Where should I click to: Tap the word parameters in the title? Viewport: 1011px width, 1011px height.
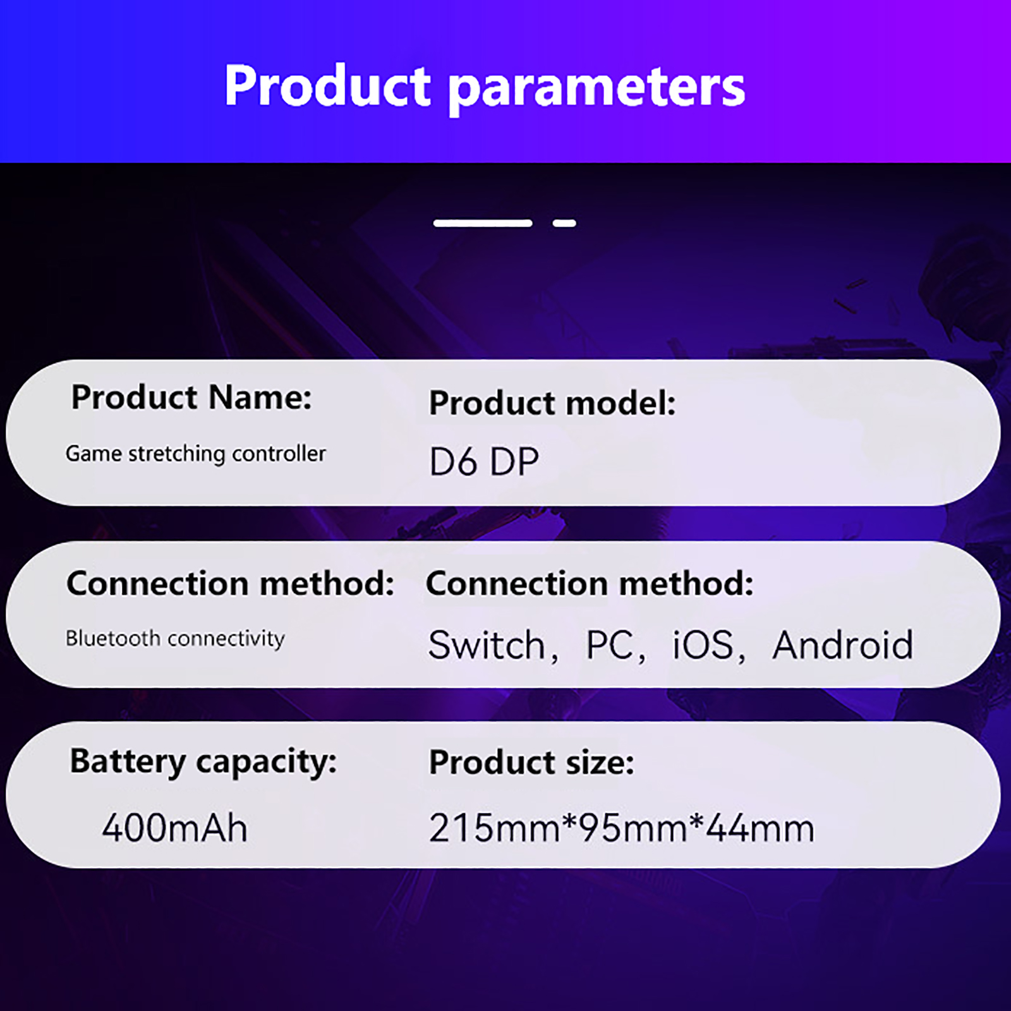click(x=597, y=90)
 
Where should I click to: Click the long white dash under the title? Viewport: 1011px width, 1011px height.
click(x=483, y=223)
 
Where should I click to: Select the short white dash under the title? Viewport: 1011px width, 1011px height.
click(x=564, y=223)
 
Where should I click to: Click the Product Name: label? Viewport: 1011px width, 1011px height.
click(x=191, y=397)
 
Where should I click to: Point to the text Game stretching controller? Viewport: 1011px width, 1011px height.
click(x=196, y=454)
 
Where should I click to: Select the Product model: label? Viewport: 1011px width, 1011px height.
click(x=552, y=403)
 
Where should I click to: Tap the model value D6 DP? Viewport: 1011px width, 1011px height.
click(x=484, y=461)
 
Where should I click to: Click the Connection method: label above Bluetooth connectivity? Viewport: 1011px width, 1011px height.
click(x=231, y=583)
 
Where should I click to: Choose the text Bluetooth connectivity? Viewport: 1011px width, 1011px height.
click(x=175, y=639)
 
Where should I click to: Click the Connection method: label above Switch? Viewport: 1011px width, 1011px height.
click(x=590, y=583)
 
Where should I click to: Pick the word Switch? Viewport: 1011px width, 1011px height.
click(x=487, y=645)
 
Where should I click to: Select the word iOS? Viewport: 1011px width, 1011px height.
click(x=703, y=645)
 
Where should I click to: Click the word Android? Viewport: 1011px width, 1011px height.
click(x=843, y=645)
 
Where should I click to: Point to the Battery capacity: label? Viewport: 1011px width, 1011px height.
click(x=203, y=761)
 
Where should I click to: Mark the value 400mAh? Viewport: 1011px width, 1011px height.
click(x=175, y=828)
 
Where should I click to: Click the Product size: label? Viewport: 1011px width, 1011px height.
click(x=531, y=763)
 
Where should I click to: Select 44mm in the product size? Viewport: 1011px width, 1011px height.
click(x=760, y=828)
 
